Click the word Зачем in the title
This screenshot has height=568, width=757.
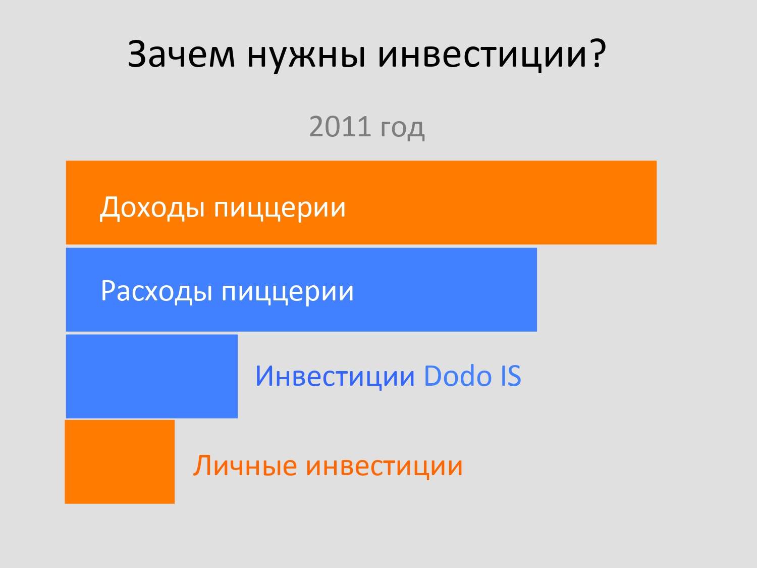click(181, 54)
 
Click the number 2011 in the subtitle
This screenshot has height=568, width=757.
click(340, 126)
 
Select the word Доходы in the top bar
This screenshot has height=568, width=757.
click(152, 208)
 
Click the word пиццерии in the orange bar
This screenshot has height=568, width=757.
click(280, 210)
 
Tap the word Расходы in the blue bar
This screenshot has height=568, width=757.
click(156, 291)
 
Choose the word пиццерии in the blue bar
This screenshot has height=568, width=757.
click(288, 293)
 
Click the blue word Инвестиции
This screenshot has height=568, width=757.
click(335, 377)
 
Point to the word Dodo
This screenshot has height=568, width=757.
click(457, 376)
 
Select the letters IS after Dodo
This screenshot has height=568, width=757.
click(510, 376)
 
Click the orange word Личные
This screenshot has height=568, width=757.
click(245, 466)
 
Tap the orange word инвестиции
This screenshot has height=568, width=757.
click(384, 467)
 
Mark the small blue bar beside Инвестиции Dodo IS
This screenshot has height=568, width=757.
click(152, 376)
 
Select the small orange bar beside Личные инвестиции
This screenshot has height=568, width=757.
click(120, 462)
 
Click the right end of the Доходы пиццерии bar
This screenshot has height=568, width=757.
click(656, 202)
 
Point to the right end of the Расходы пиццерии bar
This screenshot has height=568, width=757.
click(536, 290)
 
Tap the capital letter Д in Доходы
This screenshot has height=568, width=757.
click(110, 209)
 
